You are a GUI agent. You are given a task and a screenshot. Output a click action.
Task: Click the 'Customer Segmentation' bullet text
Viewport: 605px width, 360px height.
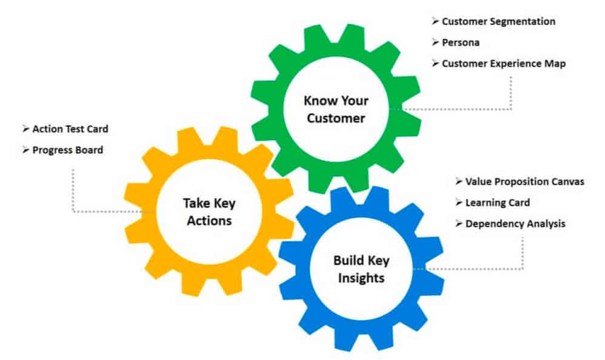(x=498, y=22)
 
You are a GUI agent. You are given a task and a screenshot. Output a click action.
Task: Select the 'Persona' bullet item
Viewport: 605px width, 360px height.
(x=461, y=42)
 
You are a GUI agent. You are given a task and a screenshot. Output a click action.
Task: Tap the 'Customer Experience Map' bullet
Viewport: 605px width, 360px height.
(x=504, y=64)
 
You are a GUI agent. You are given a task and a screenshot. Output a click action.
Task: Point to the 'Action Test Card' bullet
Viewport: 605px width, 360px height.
(x=70, y=129)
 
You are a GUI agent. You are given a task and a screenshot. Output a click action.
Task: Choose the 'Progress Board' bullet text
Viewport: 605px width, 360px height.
(x=67, y=150)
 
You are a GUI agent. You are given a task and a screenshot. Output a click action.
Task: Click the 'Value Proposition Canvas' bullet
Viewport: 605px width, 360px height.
(x=525, y=182)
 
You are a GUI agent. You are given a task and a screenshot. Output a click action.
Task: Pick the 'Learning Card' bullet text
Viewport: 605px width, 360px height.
(x=497, y=202)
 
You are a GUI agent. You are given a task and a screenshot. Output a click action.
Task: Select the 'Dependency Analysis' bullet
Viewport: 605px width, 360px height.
(x=515, y=224)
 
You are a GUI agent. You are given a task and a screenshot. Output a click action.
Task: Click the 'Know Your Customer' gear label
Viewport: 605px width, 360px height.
(x=336, y=110)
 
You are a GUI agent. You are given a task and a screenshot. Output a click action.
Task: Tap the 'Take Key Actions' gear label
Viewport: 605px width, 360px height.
(x=209, y=212)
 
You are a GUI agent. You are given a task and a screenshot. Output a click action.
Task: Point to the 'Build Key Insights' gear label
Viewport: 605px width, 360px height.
(x=361, y=269)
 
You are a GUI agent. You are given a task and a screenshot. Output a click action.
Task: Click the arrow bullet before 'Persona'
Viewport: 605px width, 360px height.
(x=435, y=42)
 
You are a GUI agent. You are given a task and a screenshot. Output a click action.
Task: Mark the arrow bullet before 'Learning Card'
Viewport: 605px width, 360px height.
(x=459, y=202)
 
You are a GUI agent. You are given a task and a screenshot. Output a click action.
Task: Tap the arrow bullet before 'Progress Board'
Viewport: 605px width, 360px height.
(x=26, y=150)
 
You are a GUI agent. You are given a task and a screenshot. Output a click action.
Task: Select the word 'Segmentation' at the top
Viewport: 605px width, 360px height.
(x=523, y=22)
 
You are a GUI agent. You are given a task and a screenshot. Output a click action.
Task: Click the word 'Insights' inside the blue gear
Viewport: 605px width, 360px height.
(x=361, y=278)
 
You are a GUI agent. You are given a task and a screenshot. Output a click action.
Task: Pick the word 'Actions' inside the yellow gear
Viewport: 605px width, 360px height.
(x=209, y=221)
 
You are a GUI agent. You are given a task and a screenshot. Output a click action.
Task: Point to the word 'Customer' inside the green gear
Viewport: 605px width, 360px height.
(x=336, y=118)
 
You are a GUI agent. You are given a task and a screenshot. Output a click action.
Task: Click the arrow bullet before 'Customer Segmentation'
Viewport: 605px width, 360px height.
(x=435, y=21)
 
